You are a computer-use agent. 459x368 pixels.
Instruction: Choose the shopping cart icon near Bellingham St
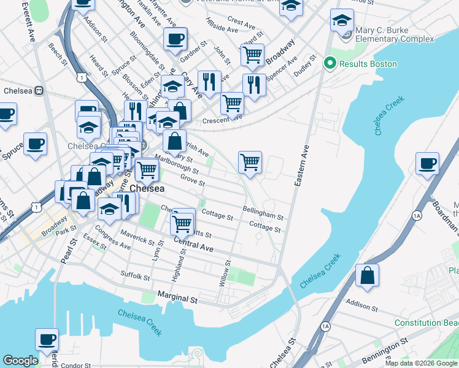pyautogui.click(x=250, y=163)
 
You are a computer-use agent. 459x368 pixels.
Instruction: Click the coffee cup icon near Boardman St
pyautogui.click(x=427, y=164)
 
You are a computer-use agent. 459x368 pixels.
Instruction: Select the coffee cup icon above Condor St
pyautogui.click(x=47, y=339)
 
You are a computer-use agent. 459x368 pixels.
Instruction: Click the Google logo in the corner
pyautogui.click(x=20, y=361)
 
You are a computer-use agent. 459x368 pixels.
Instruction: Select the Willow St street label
pyautogui.click(x=225, y=274)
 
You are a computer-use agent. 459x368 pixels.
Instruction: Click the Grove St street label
pyautogui.click(x=193, y=182)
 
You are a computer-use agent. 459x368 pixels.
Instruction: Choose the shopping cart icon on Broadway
pyautogui.click(x=253, y=55)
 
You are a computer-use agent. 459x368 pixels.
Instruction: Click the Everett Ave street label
pyautogui.click(x=27, y=23)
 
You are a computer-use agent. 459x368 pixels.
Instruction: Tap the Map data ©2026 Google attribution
pyautogui.click(x=422, y=363)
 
